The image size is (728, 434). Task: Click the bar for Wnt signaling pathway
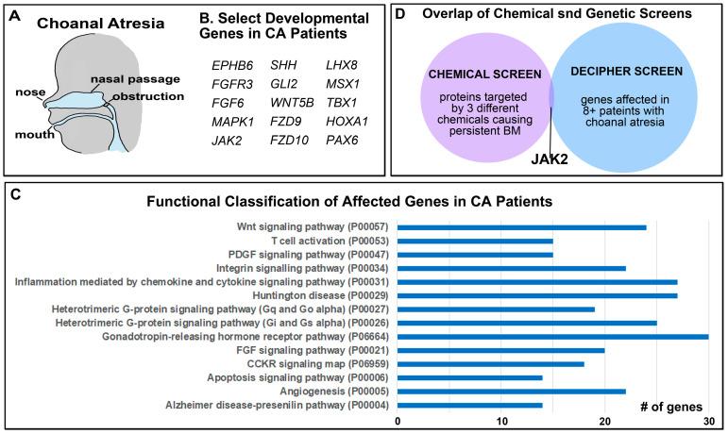click(521, 227)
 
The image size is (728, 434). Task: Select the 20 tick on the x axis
click(604, 420)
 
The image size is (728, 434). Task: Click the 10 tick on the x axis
click(500, 420)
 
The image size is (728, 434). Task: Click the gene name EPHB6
click(231, 66)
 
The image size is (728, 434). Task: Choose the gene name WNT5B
click(291, 104)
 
